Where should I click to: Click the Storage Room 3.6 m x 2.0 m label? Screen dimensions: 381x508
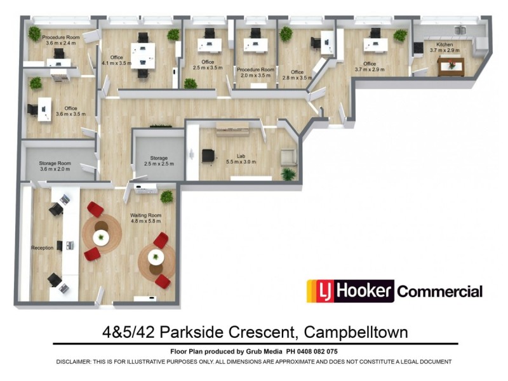click(55, 166)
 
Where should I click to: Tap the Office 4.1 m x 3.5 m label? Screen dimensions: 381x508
click(116, 60)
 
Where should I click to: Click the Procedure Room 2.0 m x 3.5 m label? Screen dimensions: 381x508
click(255, 72)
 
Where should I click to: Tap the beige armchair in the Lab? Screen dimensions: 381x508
click(288, 157)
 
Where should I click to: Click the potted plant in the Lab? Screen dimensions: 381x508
click(289, 173)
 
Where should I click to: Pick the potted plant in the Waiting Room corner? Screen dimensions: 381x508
click(167, 196)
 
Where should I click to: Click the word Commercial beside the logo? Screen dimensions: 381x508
click(439, 292)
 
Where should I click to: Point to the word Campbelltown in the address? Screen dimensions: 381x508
click(356, 332)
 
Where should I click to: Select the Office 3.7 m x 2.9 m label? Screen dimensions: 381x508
click(370, 67)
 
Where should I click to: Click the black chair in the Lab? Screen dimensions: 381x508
click(208, 156)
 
